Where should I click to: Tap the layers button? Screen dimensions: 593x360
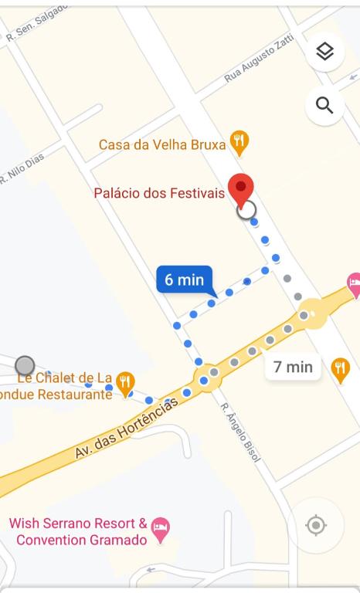click(325, 52)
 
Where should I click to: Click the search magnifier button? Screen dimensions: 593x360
click(325, 105)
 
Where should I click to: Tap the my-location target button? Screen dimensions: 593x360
click(316, 526)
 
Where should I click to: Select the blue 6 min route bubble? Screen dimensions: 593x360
click(185, 280)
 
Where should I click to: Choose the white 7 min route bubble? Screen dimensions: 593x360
click(293, 366)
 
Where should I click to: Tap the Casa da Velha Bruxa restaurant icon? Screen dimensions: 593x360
click(240, 142)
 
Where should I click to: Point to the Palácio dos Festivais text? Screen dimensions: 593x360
click(159, 193)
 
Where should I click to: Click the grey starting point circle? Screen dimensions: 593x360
click(25, 365)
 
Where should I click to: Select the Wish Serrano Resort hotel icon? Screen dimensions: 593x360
click(160, 529)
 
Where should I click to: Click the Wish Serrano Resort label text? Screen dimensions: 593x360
click(77, 532)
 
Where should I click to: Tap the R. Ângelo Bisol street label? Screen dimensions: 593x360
click(240, 432)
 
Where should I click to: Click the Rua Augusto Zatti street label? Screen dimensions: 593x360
click(260, 61)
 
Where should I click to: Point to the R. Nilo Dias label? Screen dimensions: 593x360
click(22, 167)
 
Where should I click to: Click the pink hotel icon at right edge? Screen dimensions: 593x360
click(355, 284)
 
